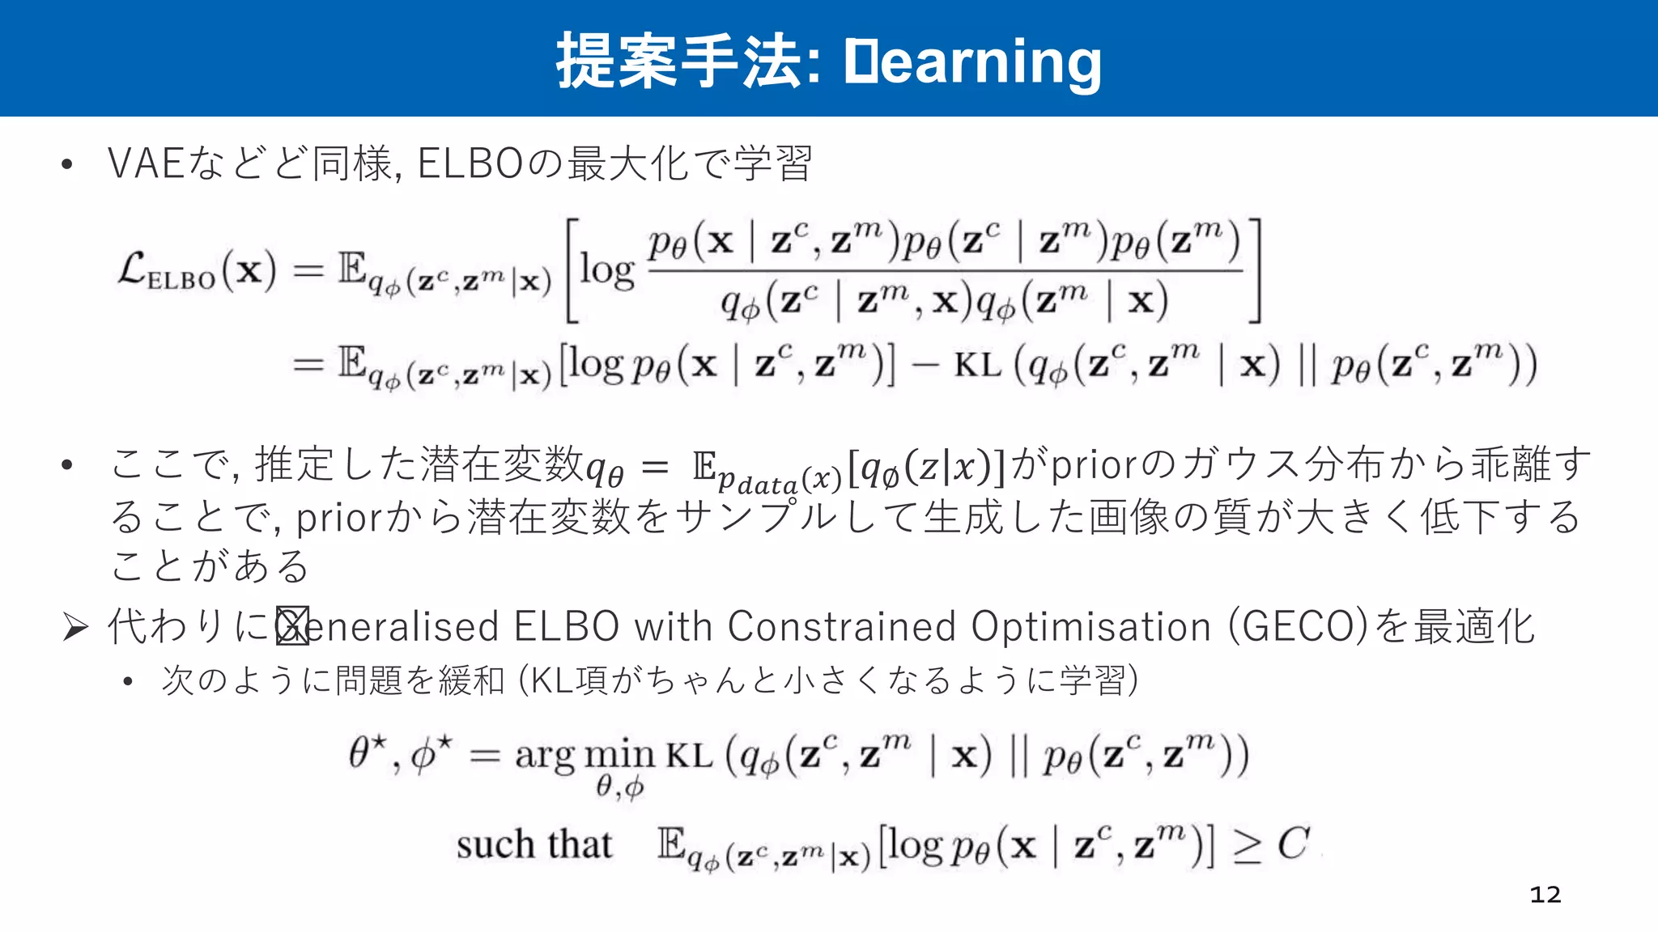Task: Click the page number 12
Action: pos(1545,894)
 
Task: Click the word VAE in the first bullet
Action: pos(146,163)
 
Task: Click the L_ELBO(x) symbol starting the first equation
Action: pos(197,270)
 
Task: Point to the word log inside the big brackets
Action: pos(607,271)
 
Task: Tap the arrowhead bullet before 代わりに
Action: pos(74,627)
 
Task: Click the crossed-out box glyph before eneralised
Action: pos(292,626)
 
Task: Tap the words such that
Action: pos(534,845)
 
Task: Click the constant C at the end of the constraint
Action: pos(1293,844)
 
